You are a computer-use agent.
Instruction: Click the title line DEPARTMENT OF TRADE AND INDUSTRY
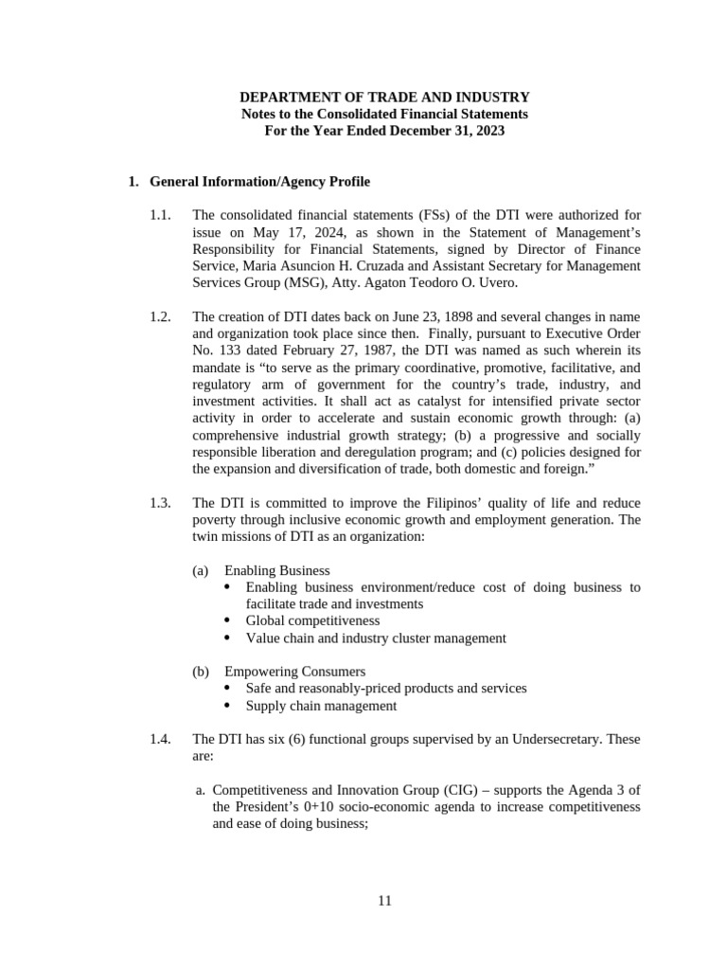point(384,98)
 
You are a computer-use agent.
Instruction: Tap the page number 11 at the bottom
point(384,901)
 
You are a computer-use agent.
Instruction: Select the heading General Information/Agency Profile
point(260,181)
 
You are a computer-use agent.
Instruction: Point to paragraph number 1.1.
point(160,216)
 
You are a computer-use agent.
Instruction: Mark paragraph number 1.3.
point(160,503)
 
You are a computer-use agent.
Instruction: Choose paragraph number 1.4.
point(160,740)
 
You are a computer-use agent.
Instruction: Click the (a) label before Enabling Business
point(200,570)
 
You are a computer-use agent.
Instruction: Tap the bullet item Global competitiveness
point(312,620)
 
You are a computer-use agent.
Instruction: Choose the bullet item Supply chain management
point(321,706)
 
